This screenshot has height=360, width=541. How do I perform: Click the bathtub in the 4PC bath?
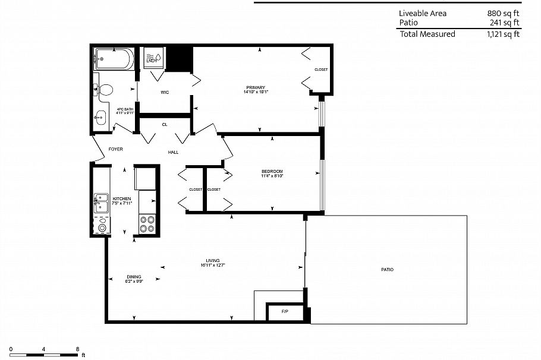[x=113, y=60]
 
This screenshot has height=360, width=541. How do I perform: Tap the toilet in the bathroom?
[x=105, y=90]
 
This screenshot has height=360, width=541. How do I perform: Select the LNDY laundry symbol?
[x=151, y=58]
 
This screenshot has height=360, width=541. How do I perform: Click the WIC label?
[x=165, y=92]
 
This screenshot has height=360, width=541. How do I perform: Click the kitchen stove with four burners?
[x=147, y=225]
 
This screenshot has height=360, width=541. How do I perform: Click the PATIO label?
[x=387, y=270]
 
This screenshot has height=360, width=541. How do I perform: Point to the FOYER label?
[x=115, y=149]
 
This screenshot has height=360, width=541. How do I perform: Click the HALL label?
[x=173, y=152]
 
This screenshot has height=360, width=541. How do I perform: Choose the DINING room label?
[x=134, y=276]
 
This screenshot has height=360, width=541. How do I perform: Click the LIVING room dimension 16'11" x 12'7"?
[x=213, y=265]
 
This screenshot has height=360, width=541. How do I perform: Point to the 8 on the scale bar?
[x=77, y=349]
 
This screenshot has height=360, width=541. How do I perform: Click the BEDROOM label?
[x=272, y=172]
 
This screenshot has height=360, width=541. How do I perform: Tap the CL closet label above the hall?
[x=165, y=124]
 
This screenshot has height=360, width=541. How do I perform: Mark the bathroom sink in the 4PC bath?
[x=100, y=116]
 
